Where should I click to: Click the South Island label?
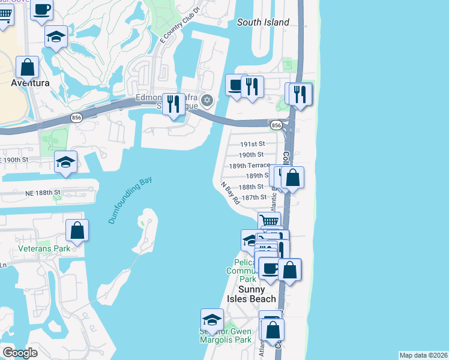[263, 22]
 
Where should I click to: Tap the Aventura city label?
[30, 83]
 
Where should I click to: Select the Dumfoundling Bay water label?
[130, 200]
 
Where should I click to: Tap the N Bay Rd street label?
[230, 194]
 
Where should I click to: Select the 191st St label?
[252, 144]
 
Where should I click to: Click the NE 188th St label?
[44, 192]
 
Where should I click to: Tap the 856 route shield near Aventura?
[76, 118]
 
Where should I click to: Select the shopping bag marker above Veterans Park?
[77, 230]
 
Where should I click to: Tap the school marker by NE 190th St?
[65, 162]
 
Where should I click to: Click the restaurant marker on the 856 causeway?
[174, 104]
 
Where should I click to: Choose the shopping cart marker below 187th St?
[269, 222]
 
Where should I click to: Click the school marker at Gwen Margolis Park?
[212, 319]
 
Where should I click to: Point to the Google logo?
[20, 353]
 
